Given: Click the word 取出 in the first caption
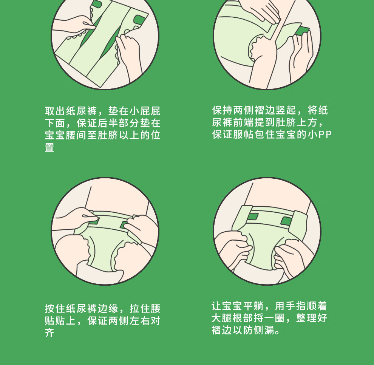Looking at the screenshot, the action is pos(55,111).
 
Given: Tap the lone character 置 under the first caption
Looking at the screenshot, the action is pos(49,147).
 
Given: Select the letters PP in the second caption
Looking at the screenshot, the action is pos(325,135).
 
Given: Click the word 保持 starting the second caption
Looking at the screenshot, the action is pos(223,110).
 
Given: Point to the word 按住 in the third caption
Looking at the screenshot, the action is pos(55,308).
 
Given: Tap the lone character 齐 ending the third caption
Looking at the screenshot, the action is pos(49,333).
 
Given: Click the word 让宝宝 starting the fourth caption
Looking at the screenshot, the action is pos(227,306).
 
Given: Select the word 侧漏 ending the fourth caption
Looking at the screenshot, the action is pos(264,330).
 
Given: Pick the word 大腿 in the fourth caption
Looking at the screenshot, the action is pos(222,318).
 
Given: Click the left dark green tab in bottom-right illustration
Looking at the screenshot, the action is pos(253,217).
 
